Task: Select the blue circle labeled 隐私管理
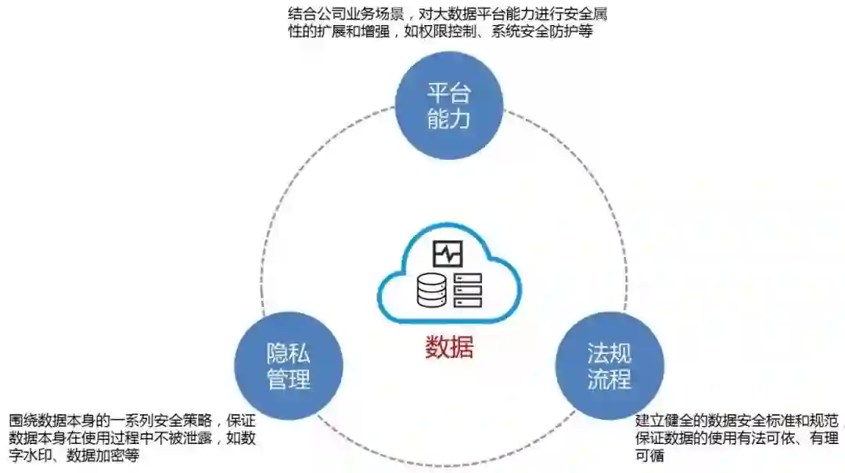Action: pyautogui.click(x=289, y=366)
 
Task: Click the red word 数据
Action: pyautogui.click(x=449, y=346)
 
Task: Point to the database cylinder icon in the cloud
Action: pyautogui.click(x=429, y=291)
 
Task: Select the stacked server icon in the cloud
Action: pyautogui.click(x=468, y=291)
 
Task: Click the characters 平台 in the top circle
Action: pyautogui.click(x=448, y=93)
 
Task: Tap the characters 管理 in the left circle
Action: pyautogui.click(x=289, y=380)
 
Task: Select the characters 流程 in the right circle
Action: pyautogui.click(x=609, y=380)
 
